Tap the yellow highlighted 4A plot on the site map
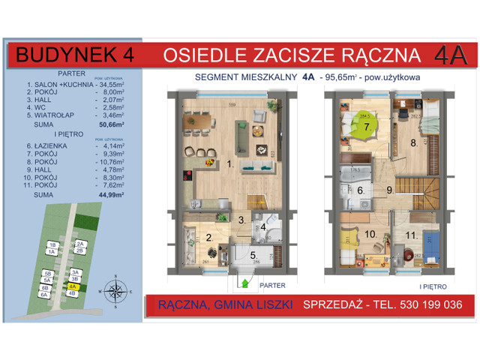click(73, 286)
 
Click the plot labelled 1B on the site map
click(52, 244)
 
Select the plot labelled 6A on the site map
click(45, 295)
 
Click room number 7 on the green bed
click(366, 127)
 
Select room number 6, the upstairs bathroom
click(360, 191)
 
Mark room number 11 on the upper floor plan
click(411, 235)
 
